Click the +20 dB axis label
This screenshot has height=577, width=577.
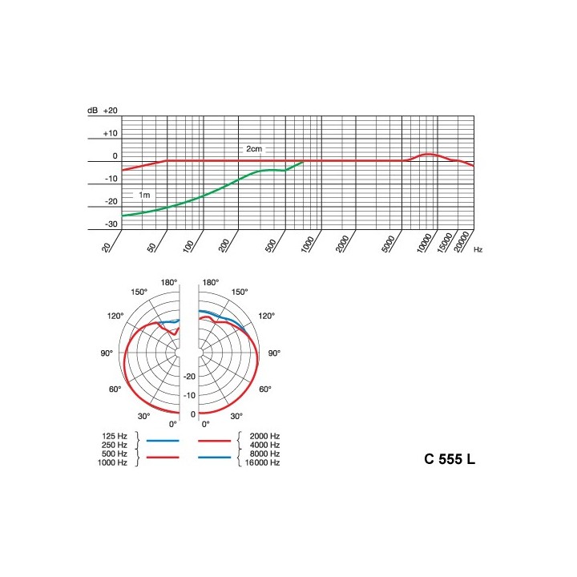point(111,111)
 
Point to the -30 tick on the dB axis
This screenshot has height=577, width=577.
point(111,224)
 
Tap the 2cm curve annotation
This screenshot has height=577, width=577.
point(254,149)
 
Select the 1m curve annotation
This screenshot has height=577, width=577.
point(144,195)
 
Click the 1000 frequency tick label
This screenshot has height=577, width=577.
point(308,244)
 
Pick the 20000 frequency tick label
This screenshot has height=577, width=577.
point(461,241)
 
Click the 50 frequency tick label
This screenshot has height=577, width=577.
point(152,248)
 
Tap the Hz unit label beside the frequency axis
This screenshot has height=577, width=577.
point(478,249)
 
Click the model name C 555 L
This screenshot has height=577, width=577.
point(450,459)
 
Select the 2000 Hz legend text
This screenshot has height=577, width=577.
point(264,436)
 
